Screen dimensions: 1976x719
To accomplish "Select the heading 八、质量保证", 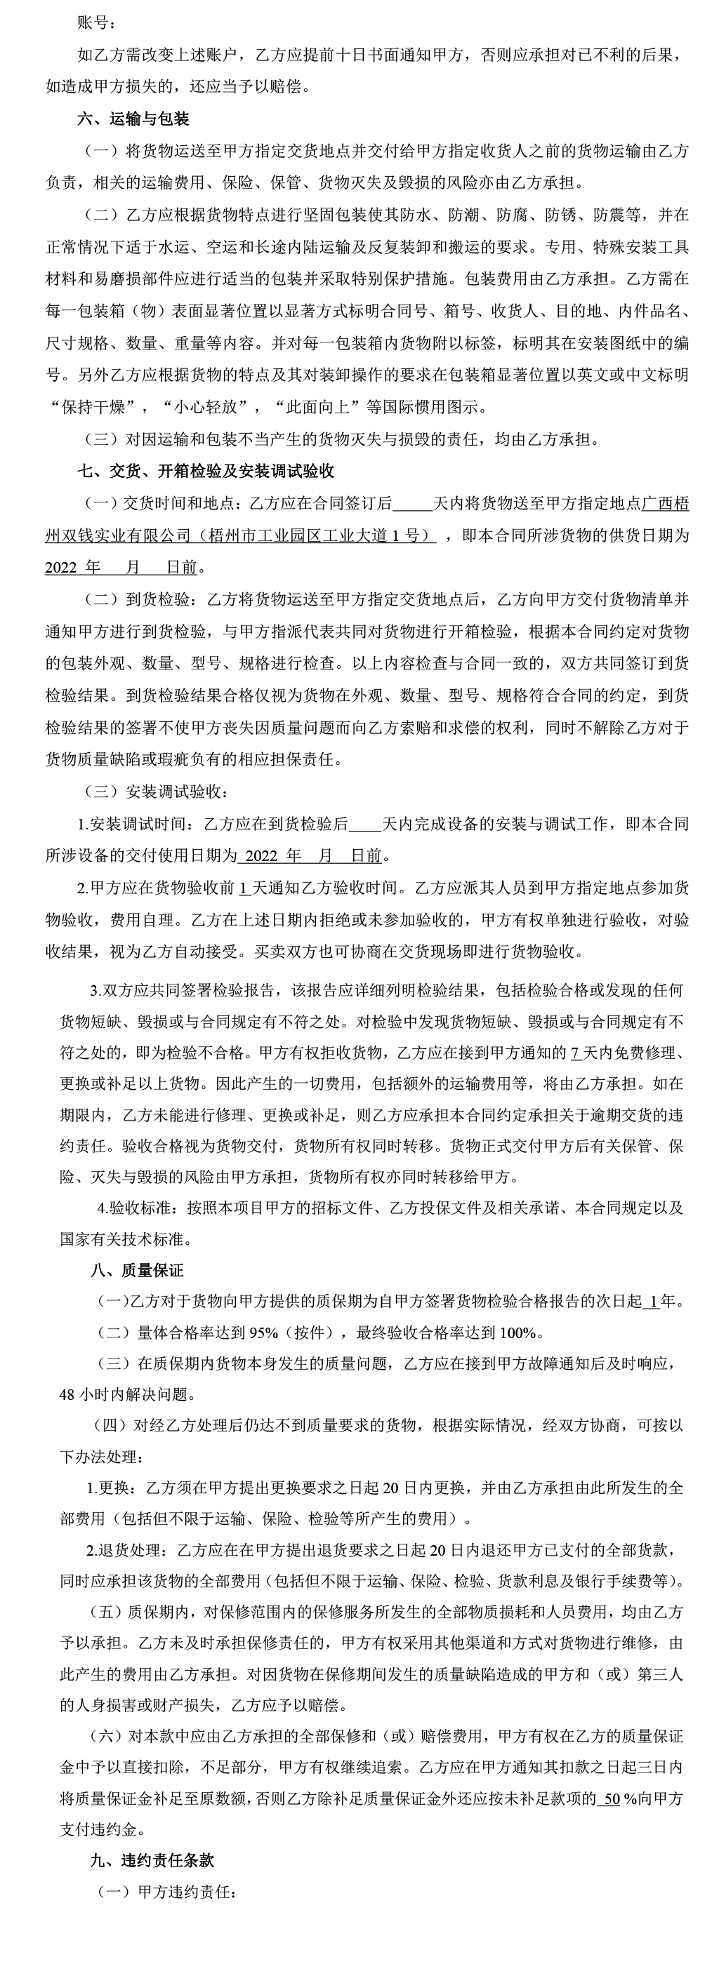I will pos(138,1270).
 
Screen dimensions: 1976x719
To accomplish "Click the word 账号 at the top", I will pos(93,22).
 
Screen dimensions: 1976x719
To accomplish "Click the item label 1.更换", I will pos(109,1488).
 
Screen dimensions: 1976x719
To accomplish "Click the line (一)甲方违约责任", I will pos(164,1892).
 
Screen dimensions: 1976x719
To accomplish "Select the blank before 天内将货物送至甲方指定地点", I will pos(412,503).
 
